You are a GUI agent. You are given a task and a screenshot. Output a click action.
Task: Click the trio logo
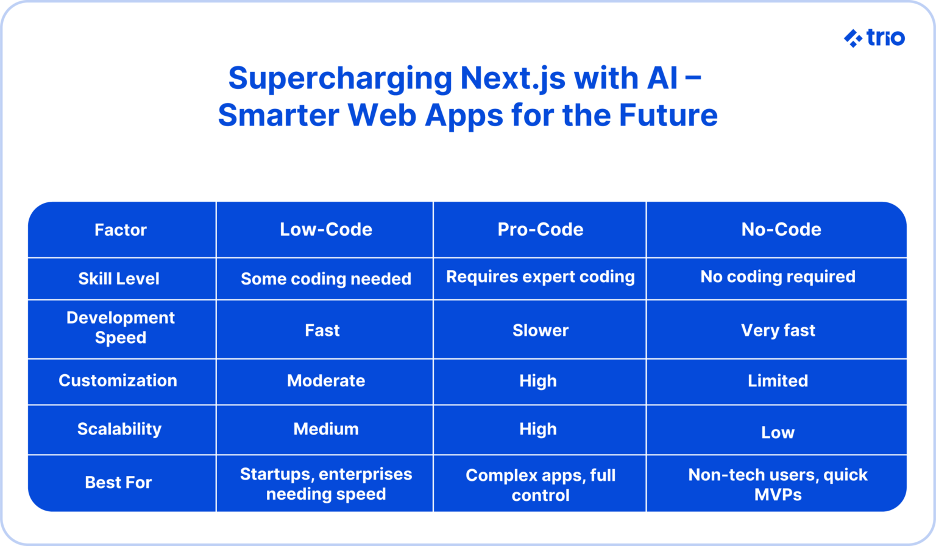(874, 38)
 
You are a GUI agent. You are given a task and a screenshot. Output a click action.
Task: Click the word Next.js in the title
(512, 79)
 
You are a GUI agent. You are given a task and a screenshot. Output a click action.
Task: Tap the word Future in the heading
(668, 115)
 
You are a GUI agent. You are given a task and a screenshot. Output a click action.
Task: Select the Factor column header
(121, 230)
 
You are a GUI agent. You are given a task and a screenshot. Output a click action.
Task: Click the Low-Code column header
(325, 230)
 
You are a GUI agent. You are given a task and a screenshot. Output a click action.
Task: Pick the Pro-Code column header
(541, 230)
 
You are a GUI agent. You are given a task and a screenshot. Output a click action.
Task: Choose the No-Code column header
(781, 230)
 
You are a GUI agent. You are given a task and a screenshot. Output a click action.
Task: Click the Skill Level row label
(119, 279)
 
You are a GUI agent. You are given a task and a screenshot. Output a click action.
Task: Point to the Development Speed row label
(121, 328)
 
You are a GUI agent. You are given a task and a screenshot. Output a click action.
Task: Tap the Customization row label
(118, 381)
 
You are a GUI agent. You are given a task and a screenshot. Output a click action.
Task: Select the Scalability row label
(119, 429)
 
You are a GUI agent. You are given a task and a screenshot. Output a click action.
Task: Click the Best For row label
(118, 483)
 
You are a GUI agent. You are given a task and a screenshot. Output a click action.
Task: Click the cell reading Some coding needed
(326, 279)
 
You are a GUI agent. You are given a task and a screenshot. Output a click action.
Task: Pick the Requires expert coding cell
(541, 277)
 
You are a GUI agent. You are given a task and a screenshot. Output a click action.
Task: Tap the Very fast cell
(778, 330)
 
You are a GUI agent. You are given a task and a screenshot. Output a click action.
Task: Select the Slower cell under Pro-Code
(541, 330)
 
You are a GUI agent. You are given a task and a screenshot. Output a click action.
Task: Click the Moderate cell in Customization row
(326, 381)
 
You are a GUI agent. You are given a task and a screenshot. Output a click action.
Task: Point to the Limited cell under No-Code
(778, 381)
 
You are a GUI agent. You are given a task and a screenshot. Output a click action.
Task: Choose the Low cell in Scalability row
(778, 433)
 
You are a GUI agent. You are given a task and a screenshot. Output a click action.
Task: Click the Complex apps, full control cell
(541, 485)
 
